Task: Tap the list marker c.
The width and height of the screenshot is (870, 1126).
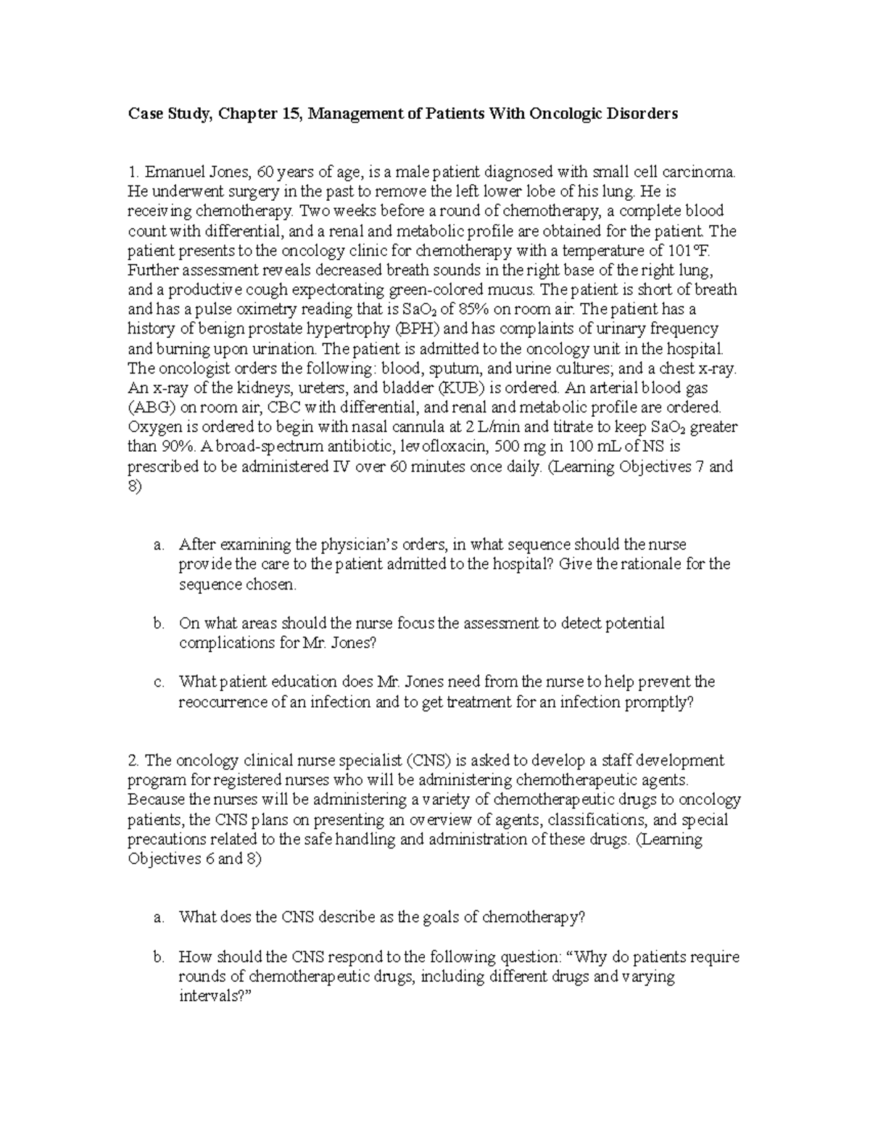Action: pos(158,682)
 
